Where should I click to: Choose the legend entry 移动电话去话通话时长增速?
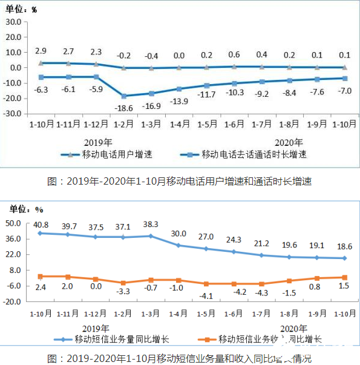254,154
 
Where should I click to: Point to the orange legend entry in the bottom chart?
270,340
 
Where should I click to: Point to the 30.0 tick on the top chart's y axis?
14,21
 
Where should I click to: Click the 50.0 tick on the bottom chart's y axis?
14,223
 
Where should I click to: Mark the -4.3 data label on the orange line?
262,293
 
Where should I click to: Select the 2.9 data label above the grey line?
41,50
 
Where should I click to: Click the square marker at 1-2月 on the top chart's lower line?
123,96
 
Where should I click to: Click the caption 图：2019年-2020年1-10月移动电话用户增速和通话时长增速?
179,180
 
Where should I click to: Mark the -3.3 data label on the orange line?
123,291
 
